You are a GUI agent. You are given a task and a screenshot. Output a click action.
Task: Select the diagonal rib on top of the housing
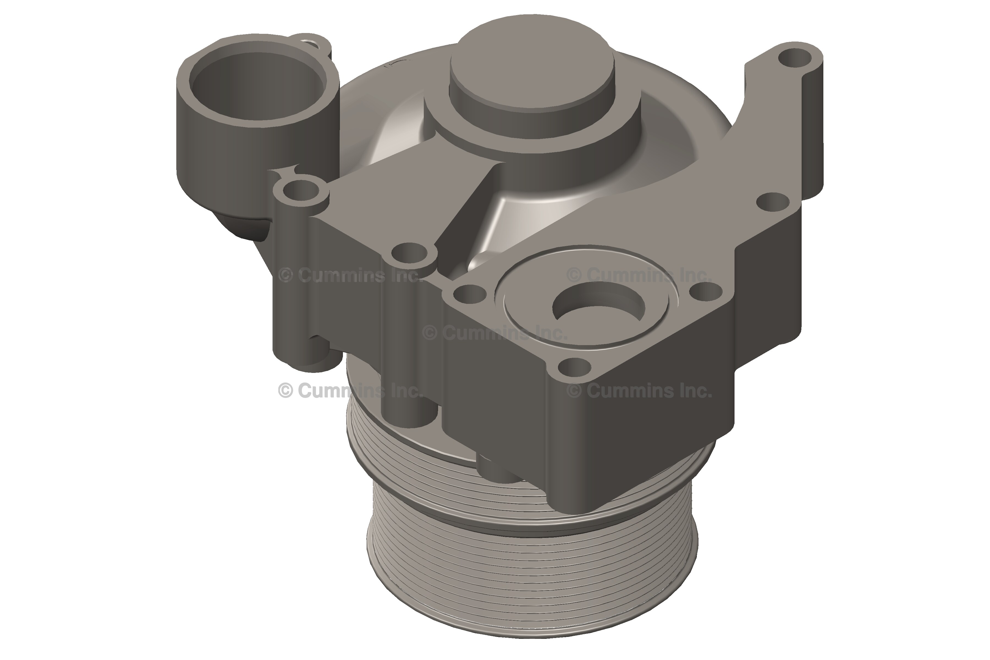[463, 210]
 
